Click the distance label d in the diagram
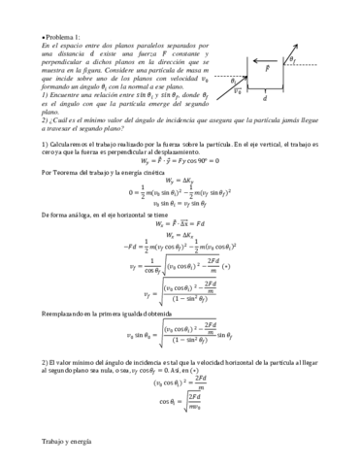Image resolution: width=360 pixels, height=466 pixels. click(x=264, y=98)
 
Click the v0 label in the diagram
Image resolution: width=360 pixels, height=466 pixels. click(x=239, y=90)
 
